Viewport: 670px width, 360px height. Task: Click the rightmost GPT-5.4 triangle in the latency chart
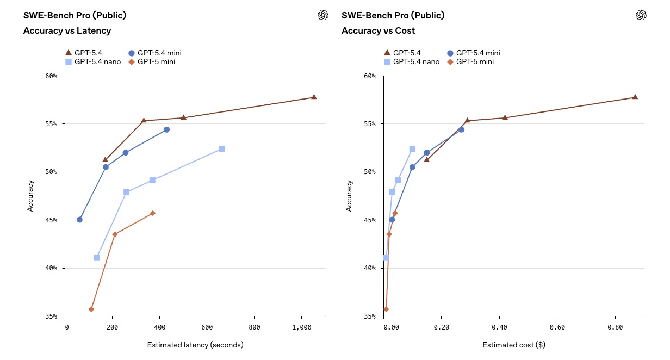pyautogui.click(x=314, y=97)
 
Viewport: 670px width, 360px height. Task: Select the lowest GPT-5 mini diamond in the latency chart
pyautogui.click(x=91, y=309)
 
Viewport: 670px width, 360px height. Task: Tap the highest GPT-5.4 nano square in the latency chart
pyautogui.click(x=222, y=148)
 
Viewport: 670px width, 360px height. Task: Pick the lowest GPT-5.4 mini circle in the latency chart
pyautogui.click(x=79, y=220)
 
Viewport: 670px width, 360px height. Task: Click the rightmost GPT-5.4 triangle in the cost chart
pyautogui.click(x=635, y=97)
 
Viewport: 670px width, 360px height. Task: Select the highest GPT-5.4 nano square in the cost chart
pyautogui.click(x=412, y=148)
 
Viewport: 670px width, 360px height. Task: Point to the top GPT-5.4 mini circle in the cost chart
pyautogui.click(x=462, y=129)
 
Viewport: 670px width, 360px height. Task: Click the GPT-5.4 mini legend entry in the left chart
pyautogui.click(x=154, y=53)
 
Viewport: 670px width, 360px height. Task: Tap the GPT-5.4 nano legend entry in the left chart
pyautogui.click(x=92, y=61)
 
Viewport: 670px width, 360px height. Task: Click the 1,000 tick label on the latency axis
pyautogui.click(x=302, y=328)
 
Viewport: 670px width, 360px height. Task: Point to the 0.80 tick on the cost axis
pyautogui.click(x=615, y=328)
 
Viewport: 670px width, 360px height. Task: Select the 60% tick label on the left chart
pyautogui.click(x=51, y=76)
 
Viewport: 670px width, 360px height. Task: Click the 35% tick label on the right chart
pyautogui.click(x=369, y=316)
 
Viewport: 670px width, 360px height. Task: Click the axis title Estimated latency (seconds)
pyautogui.click(x=195, y=345)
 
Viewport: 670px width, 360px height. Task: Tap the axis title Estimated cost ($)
pyautogui.click(x=513, y=345)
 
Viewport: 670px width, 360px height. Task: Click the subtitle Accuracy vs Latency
pyautogui.click(x=67, y=30)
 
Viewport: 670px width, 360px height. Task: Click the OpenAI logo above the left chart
pyautogui.click(x=323, y=15)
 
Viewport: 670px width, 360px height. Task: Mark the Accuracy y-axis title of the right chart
pyautogui.click(x=349, y=196)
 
